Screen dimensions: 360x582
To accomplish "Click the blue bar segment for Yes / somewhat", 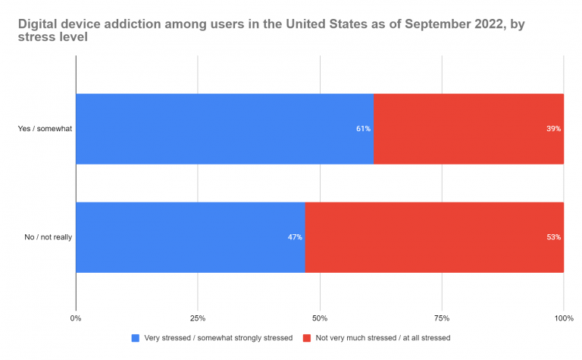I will (224, 129).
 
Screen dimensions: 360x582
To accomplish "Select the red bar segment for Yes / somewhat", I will (468, 129).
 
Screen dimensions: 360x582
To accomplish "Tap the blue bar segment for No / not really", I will (189, 237).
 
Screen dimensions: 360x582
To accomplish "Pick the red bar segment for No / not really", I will (433, 237).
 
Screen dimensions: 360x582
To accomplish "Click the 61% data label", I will (363, 129).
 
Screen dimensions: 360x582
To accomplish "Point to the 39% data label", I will (553, 129).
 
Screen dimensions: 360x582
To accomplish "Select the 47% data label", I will (295, 237).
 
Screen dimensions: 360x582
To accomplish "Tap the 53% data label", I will (553, 237).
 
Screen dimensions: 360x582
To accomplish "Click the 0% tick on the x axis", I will (76, 318).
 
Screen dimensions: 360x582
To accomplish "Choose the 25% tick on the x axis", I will (198, 318).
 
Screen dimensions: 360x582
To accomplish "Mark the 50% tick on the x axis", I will (320, 318).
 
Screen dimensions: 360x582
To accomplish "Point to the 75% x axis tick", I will (442, 318).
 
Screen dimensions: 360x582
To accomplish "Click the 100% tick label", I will (563, 318).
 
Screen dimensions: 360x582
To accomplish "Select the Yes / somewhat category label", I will (45, 129).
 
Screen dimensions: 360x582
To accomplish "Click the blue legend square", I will (136, 338).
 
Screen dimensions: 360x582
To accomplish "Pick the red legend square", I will (306, 338).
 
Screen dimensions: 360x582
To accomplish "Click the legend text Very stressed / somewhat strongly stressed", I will (217, 338).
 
